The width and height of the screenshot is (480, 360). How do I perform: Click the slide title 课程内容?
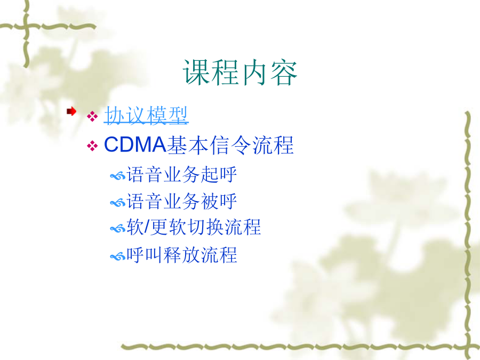point(240,72)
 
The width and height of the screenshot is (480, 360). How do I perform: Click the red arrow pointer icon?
point(71,111)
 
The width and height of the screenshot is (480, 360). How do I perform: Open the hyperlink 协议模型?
point(146,115)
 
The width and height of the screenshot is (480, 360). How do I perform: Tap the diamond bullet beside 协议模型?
point(92,116)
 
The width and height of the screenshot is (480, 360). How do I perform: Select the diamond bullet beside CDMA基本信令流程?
point(92,146)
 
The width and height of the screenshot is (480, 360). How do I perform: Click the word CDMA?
point(135,144)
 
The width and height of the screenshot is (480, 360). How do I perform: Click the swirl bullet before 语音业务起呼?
point(118,176)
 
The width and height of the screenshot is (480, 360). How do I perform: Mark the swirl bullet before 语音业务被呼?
point(118,203)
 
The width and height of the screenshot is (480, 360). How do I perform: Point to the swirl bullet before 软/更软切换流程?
point(118,229)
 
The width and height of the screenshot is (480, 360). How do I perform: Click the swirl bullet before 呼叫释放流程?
point(118,256)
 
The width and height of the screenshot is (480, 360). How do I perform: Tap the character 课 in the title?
point(196,73)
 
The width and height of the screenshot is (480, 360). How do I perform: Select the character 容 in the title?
point(284,73)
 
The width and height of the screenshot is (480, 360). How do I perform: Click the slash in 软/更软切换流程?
point(147,227)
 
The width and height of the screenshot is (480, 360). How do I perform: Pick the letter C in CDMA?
point(112,144)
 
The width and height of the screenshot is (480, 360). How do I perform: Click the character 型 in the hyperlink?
point(178,115)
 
